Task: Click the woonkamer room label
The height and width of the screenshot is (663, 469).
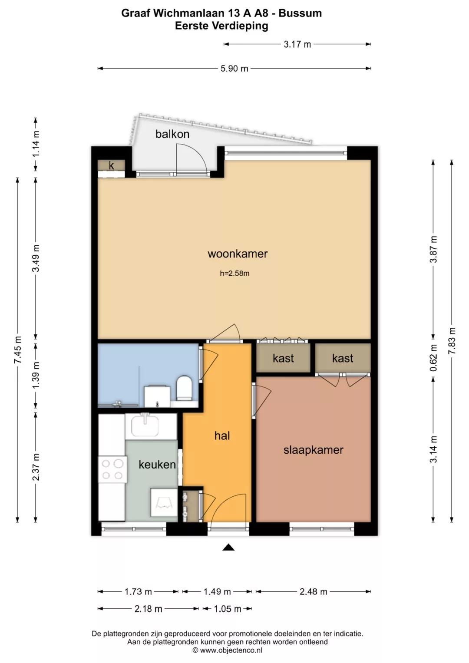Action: click(238, 254)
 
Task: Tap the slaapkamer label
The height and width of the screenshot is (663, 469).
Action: click(313, 450)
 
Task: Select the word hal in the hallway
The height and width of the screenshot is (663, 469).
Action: click(222, 435)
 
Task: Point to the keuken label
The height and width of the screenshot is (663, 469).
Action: click(157, 465)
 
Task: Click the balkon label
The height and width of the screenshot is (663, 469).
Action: click(172, 134)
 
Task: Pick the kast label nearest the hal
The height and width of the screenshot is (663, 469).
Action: click(283, 359)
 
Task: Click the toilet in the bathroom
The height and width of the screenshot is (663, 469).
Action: click(184, 388)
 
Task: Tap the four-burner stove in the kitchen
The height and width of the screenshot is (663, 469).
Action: click(112, 469)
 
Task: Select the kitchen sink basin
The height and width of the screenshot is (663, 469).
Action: click(145, 426)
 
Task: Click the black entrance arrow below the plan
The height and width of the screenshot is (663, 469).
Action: click(228, 547)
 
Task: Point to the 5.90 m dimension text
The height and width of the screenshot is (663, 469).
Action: click(234, 69)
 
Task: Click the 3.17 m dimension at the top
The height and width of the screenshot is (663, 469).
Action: click(297, 44)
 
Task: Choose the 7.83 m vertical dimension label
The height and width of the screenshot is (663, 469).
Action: click(452, 341)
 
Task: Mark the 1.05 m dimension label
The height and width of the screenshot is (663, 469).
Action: click(228, 609)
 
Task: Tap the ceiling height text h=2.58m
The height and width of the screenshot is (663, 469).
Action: click(234, 273)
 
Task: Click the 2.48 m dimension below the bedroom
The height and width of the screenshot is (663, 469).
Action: click(313, 592)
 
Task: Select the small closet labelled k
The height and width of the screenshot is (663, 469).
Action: click(111, 165)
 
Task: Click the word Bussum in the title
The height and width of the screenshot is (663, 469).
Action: click(300, 13)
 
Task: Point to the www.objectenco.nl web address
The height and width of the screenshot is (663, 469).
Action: click(231, 650)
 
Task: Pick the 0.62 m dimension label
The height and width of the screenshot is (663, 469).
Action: click(433, 358)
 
